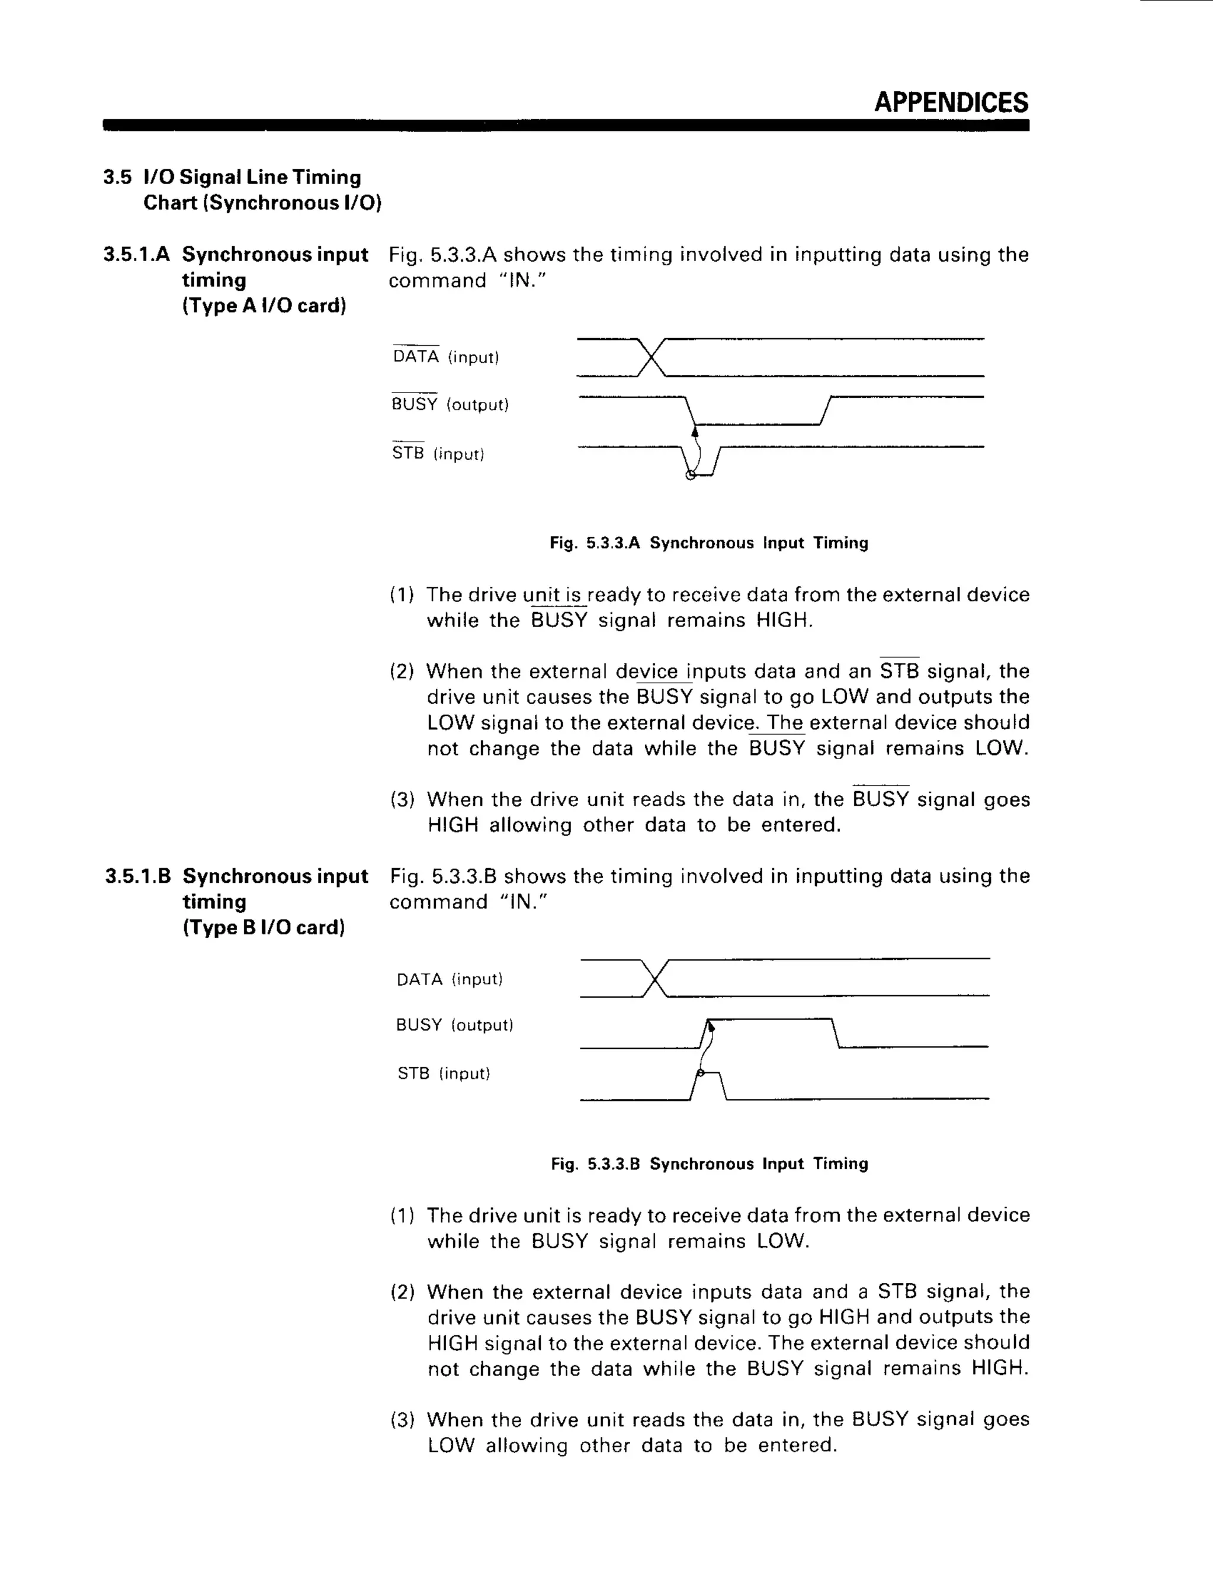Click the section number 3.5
[x=117, y=178]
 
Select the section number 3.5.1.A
[x=137, y=255]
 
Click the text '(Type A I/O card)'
[x=264, y=306]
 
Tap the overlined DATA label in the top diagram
[x=415, y=356]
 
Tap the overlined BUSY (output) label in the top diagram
[x=450, y=404]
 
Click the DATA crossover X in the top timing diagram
[x=651, y=357]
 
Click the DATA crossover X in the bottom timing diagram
[x=654, y=979]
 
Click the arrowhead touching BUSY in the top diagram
[x=694, y=431]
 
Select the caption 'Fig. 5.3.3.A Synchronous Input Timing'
[x=708, y=543]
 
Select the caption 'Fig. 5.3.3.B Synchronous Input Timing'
[x=709, y=1164]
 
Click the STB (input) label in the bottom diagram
[x=444, y=1073]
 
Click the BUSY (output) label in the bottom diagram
[x=454, y=1025]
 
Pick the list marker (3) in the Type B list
[x=402, y=1420]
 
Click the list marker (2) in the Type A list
[x=402, y=672]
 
